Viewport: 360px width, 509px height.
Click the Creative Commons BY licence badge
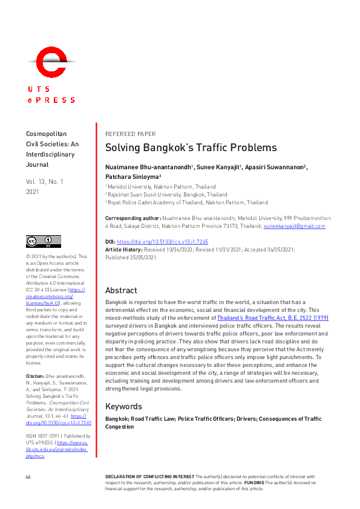click(40, 242)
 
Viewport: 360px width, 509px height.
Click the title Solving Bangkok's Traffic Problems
click(191, 148)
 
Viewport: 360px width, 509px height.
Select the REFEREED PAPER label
click(130, 134)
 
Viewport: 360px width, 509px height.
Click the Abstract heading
click(121, 290)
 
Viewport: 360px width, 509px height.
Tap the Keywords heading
click(124, 406)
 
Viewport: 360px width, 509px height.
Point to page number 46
click(28, 478)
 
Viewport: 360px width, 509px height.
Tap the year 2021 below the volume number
click(33, 191)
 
